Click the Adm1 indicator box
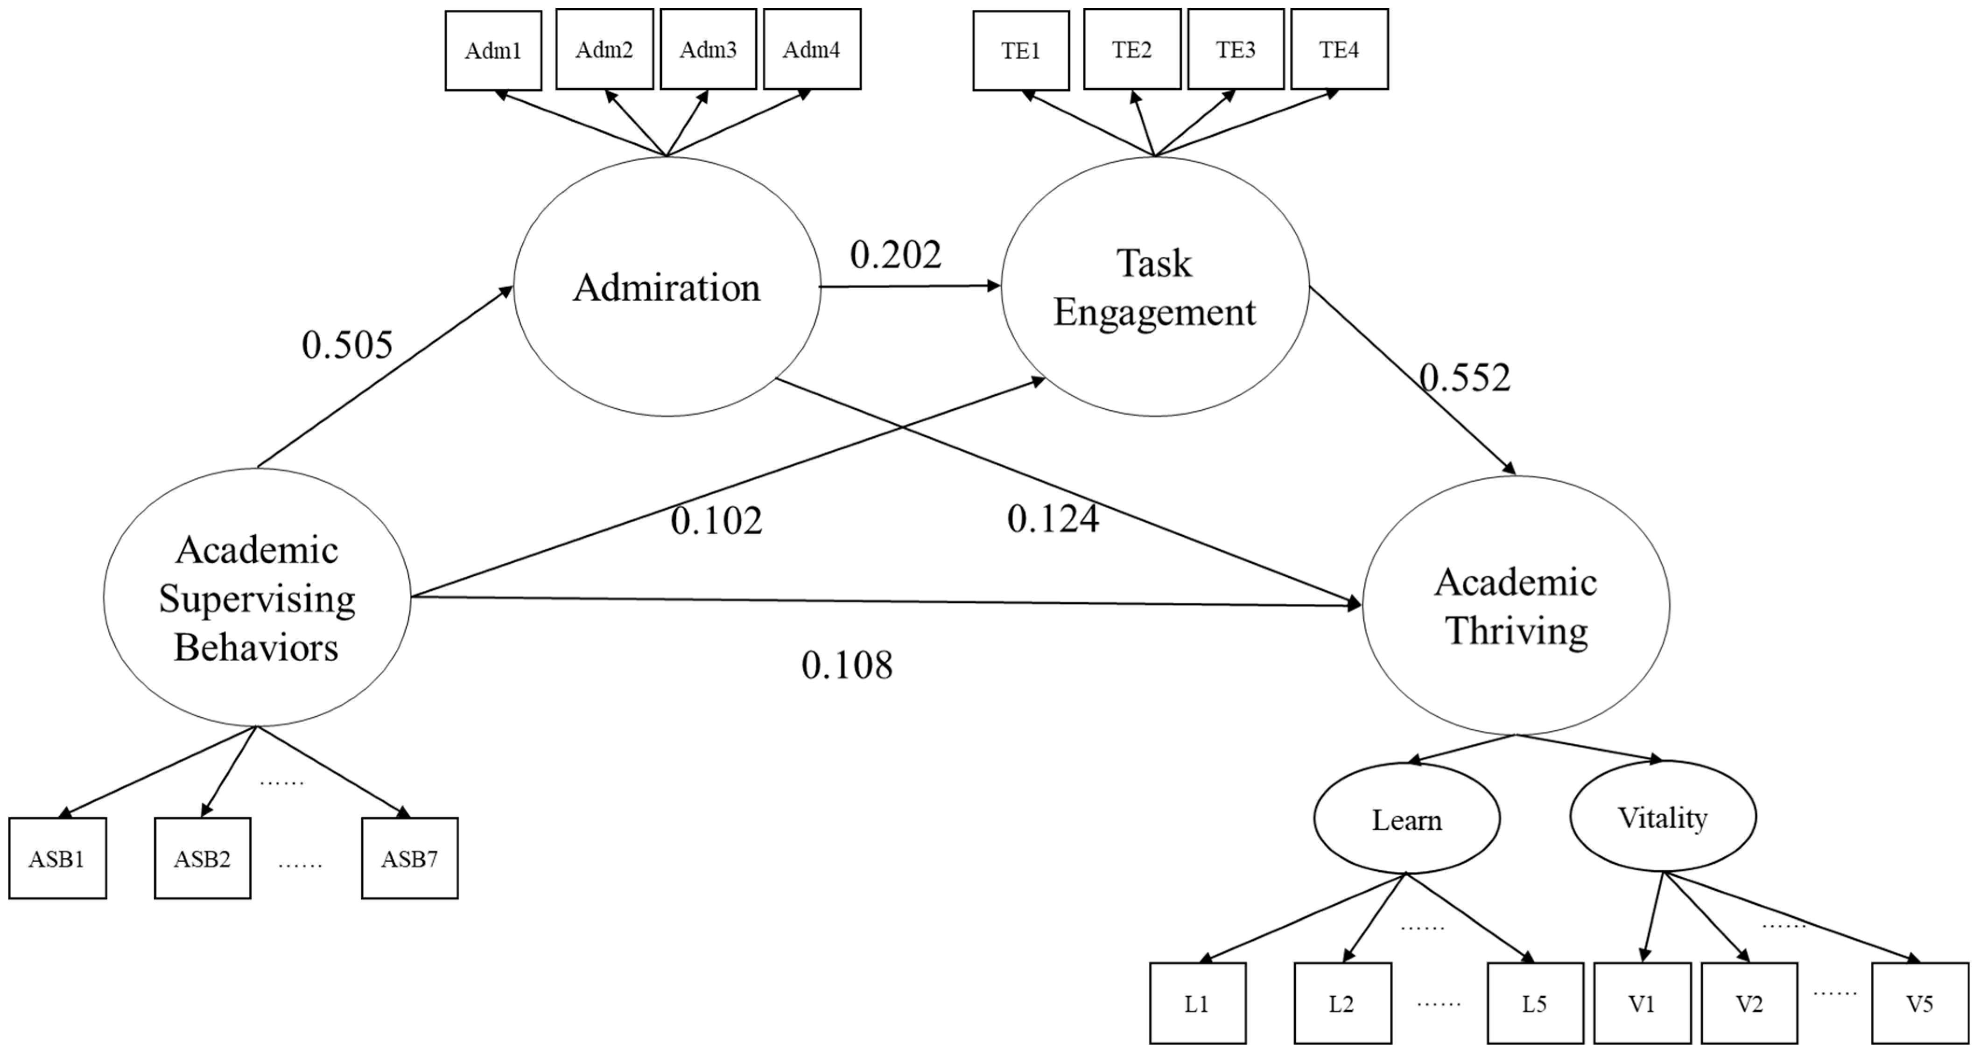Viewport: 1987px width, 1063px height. click(493, 51)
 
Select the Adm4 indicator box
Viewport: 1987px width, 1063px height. click(811, 50)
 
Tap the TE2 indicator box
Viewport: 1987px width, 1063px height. click(1131, 50)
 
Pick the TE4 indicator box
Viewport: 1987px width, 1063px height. click(1339, 50)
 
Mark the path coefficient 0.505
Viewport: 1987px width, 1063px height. click(347, 345)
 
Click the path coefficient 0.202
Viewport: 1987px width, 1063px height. click(896, 255)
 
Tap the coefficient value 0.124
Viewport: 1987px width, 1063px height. click(1053, 519)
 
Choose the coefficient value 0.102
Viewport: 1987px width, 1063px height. click(716, 521)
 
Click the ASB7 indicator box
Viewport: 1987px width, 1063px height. click(410, 859)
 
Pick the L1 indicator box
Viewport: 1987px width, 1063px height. click(1197, 1004)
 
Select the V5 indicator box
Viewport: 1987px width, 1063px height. click(1920, 1004)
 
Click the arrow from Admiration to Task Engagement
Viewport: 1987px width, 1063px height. click(910, 286)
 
